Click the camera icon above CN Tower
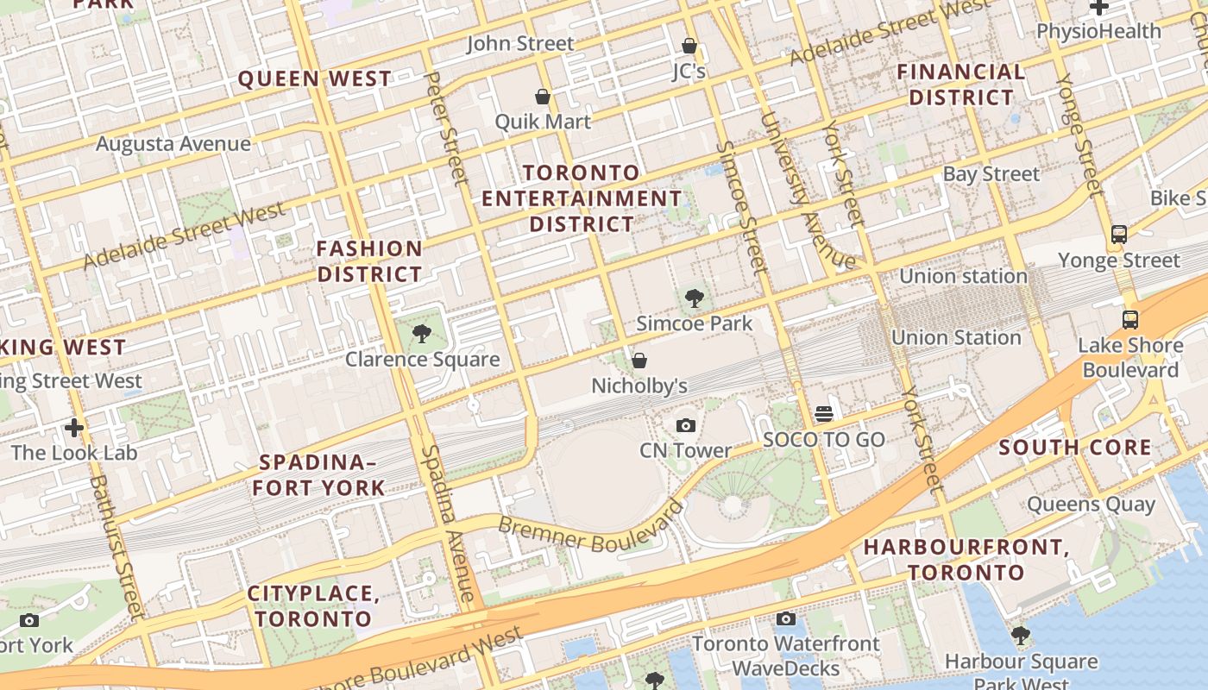(x=686, y=425)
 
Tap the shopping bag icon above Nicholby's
(x=639, y=361)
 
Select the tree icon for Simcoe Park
(x=694, y=299)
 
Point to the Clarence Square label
(x=422, y=359)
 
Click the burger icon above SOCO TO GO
(x=824, y=414)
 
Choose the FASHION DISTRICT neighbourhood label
(x=369, y=261)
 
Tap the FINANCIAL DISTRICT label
(x=961, y=85)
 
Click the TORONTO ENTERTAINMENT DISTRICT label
(x=582, y=198)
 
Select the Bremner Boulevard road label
(x=590, y=530)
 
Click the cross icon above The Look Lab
(x=74, y=427)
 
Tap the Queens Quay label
(x=1091, y=504)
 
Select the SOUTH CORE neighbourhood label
(x=1074, y=447)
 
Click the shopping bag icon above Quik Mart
(x=543, y=97)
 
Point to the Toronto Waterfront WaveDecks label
(x=785, y=655)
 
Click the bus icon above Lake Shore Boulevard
(x=1130, y=320)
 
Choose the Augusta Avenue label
(x=173, y=143)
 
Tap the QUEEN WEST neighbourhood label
(x=315, y=78)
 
